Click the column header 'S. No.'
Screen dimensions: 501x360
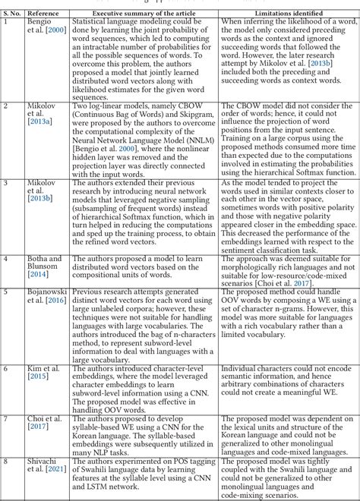tap(14, 12)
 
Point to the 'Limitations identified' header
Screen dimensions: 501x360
tap(285, 12)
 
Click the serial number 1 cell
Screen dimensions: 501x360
tap(6, 20)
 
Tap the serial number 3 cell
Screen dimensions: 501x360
tap(6, 184)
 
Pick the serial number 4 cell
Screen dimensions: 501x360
tap(6, 258)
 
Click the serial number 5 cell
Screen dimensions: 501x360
tap(6, 291)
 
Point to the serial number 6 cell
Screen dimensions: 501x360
tap(6, 367)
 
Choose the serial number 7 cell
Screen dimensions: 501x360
tap(6, 419)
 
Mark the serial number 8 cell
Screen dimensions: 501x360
tap(6, 461)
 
